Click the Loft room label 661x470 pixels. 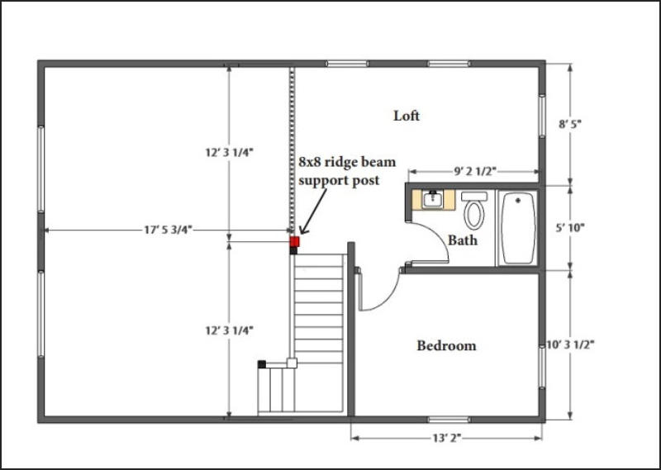point(407,116)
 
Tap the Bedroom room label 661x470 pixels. point(446,345)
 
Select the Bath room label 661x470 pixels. point(463,240)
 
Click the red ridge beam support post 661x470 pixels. point(295,241)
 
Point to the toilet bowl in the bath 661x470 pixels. point(474,215)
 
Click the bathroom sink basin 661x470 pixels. point(433,199)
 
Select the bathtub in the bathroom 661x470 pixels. point(518,228)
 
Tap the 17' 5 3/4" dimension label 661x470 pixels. point(169,230)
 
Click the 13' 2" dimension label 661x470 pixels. point(447,439)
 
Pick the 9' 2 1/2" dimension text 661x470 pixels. point(475,171)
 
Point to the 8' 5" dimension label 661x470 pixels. point(570,125)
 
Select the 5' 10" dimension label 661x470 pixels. point(570,228)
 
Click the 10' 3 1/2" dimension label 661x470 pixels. point(570,344)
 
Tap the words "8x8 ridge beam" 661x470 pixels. point(347,162)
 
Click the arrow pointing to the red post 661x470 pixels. point(313,211)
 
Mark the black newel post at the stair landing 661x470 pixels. point(262,364)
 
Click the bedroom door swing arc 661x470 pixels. point(386,298)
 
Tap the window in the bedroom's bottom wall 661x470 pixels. point(449,420)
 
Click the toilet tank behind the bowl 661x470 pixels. point(474,197)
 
